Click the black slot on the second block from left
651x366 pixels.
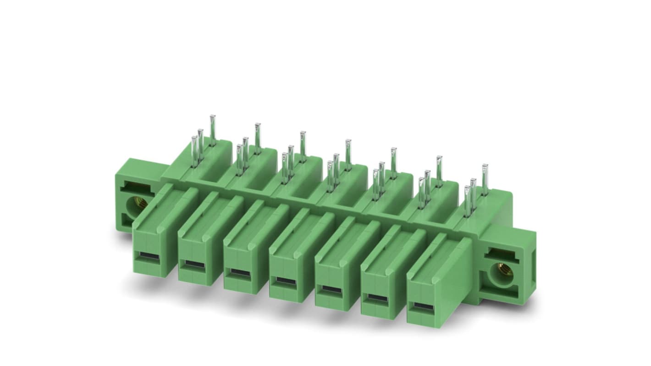pyautogui.click(x=194, y=264)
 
